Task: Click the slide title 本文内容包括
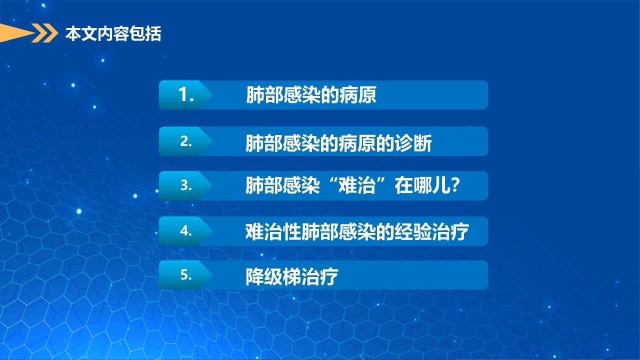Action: point(113,33)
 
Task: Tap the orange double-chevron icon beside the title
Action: point(44,33)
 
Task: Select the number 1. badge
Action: point(186,95)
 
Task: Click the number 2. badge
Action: point(186,141)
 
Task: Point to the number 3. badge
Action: point(186,185)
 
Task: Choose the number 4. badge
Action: point(186,231)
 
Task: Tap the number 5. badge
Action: point(186,275)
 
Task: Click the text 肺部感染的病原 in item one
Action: point(311,95)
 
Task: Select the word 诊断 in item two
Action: point(413,143)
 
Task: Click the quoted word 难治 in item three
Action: point(357,185)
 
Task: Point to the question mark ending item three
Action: point(455,185)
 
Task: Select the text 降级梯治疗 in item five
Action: point(292,276)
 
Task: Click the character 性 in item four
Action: point(292,231)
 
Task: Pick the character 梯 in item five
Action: point(292,276)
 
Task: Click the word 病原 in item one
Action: point(358,95)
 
